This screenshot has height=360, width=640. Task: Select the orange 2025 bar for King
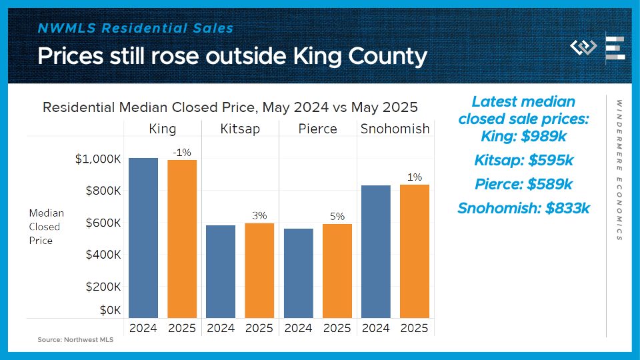182,239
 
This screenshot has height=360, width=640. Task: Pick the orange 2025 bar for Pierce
337,271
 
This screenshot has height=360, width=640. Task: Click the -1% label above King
182,153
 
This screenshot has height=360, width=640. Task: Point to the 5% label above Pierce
337,216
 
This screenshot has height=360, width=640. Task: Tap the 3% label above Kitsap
259,215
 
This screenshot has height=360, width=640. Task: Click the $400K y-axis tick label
103,255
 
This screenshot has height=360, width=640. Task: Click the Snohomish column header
395,129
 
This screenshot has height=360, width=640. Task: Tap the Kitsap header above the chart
240,129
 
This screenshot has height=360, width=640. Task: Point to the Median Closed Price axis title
46,227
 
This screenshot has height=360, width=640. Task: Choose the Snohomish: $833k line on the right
523,208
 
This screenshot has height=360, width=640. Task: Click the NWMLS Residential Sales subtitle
135,28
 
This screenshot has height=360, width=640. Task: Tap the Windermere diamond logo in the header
583,48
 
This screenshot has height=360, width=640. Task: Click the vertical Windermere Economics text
619,170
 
